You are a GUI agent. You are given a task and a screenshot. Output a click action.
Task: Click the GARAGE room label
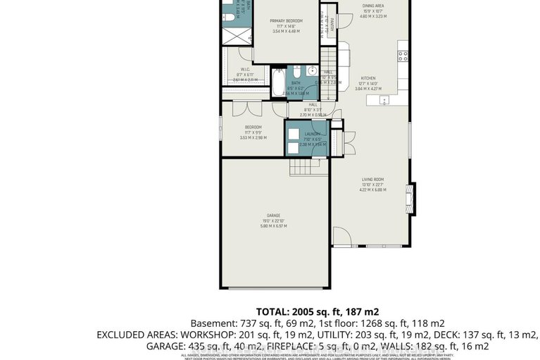[273, 215]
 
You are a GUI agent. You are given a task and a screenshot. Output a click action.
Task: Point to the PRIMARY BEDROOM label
[286, 21]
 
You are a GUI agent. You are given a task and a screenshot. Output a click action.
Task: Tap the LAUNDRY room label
[313, 134]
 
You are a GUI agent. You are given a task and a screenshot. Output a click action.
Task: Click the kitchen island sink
[384, 100]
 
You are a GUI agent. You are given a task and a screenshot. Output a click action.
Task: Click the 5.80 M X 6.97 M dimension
[273, 225]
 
